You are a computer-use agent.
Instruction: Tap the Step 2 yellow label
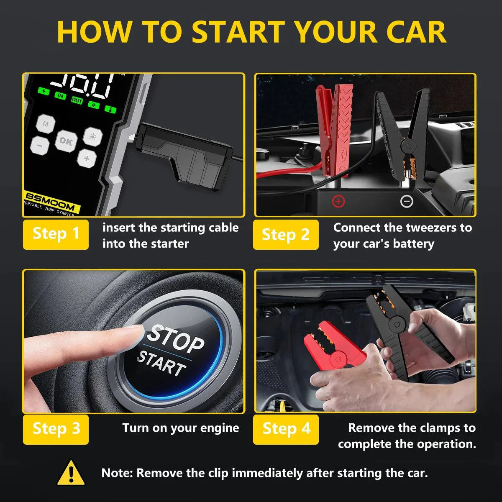click(286, 234)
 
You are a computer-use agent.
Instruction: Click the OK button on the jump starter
click(66, 141)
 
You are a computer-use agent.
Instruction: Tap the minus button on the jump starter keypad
click(40, 145)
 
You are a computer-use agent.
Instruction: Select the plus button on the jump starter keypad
click(87, 158)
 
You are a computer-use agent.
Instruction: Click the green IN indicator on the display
click(61, 96)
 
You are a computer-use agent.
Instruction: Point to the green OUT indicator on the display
click(77, 100)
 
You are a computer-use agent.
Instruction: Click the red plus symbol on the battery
click(338, 202)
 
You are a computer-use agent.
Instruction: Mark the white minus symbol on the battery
click(407, 202)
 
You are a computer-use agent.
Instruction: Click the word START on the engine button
click(161, 363)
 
